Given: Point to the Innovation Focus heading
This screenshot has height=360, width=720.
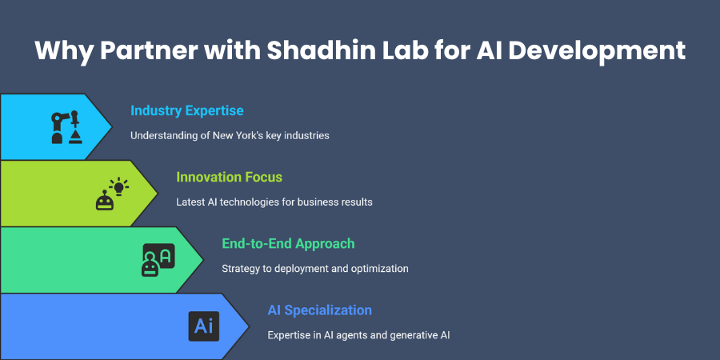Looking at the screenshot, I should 229,177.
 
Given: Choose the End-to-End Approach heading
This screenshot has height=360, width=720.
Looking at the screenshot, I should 288,243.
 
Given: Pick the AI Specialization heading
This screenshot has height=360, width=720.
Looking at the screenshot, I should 320,310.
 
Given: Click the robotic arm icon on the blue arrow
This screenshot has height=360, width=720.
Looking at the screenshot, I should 66,126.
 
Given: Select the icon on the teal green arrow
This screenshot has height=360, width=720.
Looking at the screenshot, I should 158,260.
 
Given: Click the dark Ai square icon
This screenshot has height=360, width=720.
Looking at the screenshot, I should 203,326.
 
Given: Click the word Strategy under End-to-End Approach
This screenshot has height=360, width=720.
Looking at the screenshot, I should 241,269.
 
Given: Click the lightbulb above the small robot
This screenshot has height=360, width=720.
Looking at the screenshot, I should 119,187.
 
